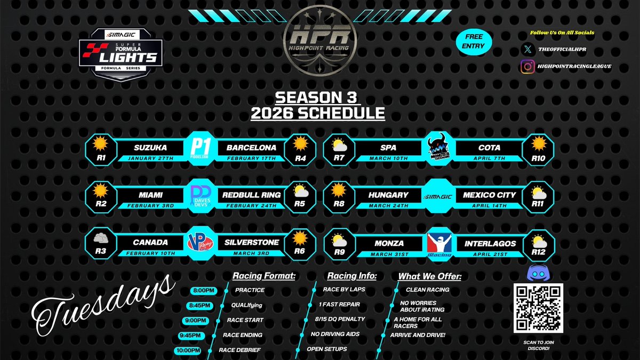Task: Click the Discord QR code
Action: tap(538, 308)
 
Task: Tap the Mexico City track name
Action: tap(489, 195)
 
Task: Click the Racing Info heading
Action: tap(351, 276)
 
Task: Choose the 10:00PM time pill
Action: tap(188, 350)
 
